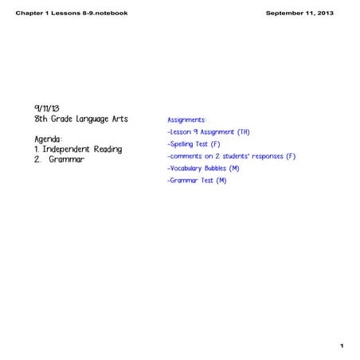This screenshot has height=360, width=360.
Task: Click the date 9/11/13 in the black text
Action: [48, 106]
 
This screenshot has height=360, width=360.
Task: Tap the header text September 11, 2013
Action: [299, 14]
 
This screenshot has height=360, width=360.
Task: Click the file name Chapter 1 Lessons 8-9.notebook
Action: [72, 14]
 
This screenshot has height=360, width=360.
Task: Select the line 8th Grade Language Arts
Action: [81, 119]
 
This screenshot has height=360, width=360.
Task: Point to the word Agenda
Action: [49, 138]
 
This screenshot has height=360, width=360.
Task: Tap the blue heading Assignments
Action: [186, 119]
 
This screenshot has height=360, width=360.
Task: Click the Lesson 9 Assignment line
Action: [209, 131]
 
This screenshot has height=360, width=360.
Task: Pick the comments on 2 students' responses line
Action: [231, 156]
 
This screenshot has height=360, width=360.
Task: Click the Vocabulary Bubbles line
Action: [204, 169]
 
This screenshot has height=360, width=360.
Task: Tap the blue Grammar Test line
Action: [198, 181]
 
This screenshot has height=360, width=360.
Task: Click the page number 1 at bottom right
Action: [341, 346]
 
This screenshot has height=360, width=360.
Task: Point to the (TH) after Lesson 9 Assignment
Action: [244, 131]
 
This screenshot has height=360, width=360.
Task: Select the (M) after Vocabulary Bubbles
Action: [234, 169]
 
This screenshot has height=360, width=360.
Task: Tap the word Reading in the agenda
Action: [108, 149]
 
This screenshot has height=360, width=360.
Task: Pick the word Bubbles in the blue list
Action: [213, 169]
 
